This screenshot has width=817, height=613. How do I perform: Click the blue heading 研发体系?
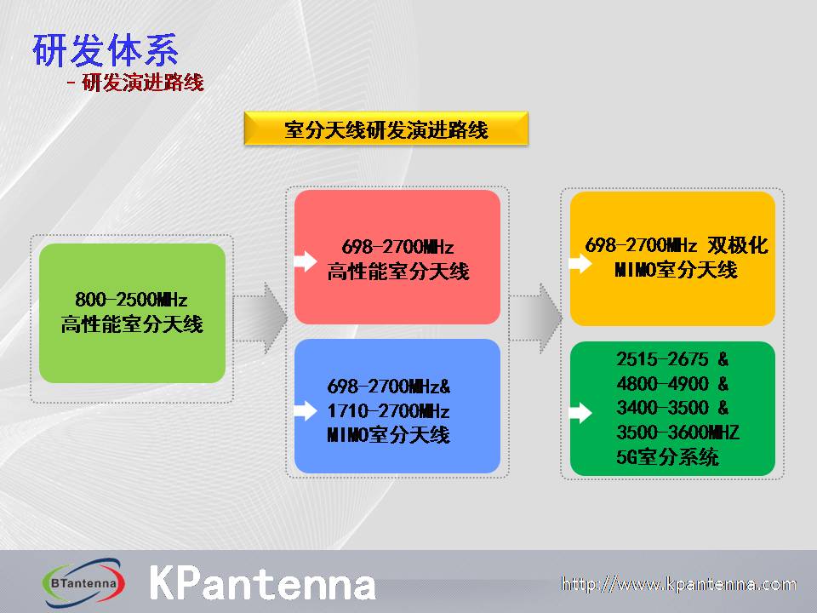106,50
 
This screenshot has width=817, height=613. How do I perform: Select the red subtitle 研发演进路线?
143,83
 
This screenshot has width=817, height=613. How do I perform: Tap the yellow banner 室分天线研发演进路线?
386,129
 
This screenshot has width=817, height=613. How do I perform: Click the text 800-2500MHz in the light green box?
131,299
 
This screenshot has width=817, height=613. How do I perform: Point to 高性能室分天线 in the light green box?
132,324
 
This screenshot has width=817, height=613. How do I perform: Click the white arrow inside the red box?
306,261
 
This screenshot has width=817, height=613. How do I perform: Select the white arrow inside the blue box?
306,410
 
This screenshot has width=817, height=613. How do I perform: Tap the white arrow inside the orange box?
580,263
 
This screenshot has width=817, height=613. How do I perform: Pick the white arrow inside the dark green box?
580,413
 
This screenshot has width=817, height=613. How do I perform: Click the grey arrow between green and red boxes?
260,318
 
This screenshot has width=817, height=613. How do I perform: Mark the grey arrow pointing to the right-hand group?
536,318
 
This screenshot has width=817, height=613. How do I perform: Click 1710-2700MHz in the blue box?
388,410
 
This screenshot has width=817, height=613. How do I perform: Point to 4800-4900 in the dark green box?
662,384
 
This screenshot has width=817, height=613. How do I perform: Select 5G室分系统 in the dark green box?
667,456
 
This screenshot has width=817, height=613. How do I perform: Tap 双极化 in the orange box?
738,245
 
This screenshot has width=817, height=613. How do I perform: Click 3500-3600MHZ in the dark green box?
677,433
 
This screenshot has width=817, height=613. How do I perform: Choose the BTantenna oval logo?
83,582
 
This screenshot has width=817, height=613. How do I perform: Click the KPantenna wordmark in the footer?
263,582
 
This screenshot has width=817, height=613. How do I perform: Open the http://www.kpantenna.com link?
678,584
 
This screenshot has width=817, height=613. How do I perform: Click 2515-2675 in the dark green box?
662,359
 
